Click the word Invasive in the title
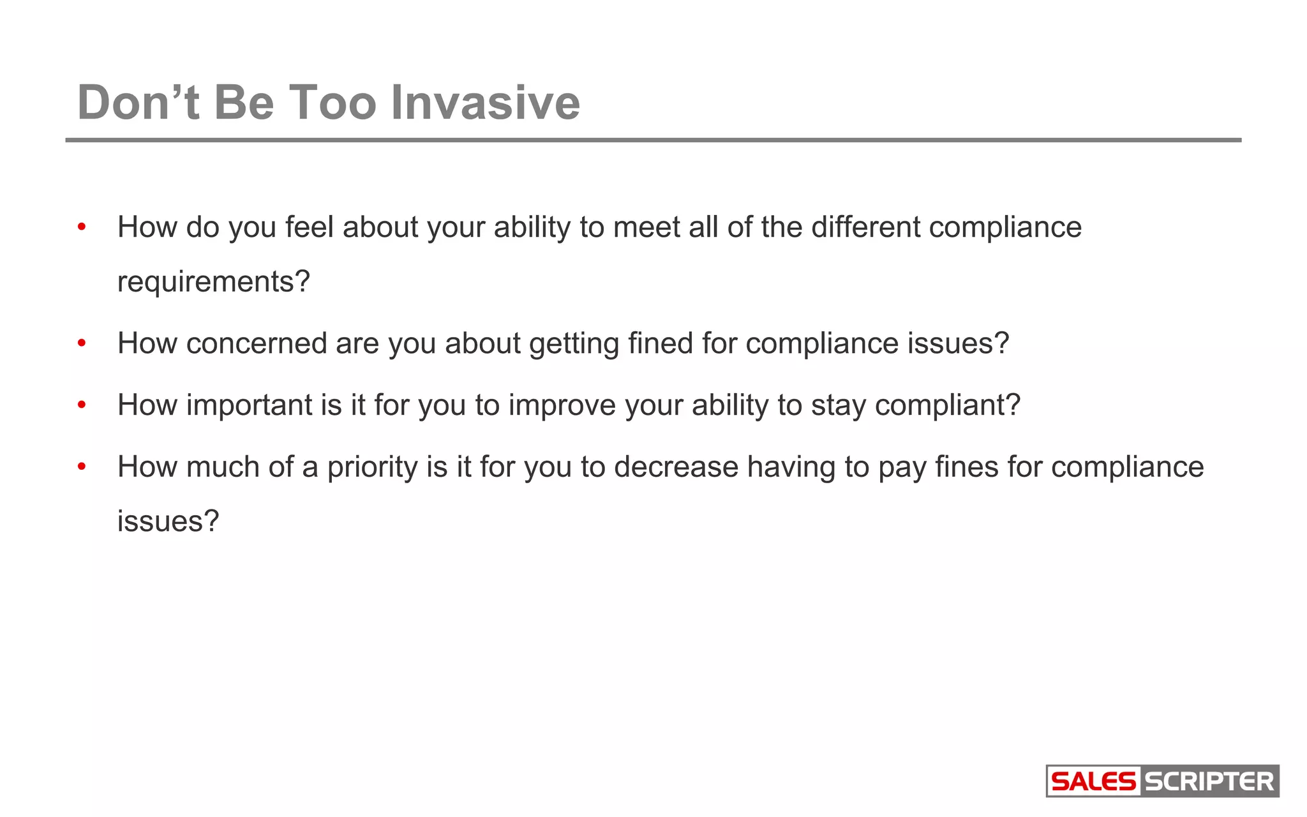485,103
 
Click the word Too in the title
332,103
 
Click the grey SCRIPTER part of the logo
1209,781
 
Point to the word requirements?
213,281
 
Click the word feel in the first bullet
309,227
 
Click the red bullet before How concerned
82,344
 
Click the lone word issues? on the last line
168,521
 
